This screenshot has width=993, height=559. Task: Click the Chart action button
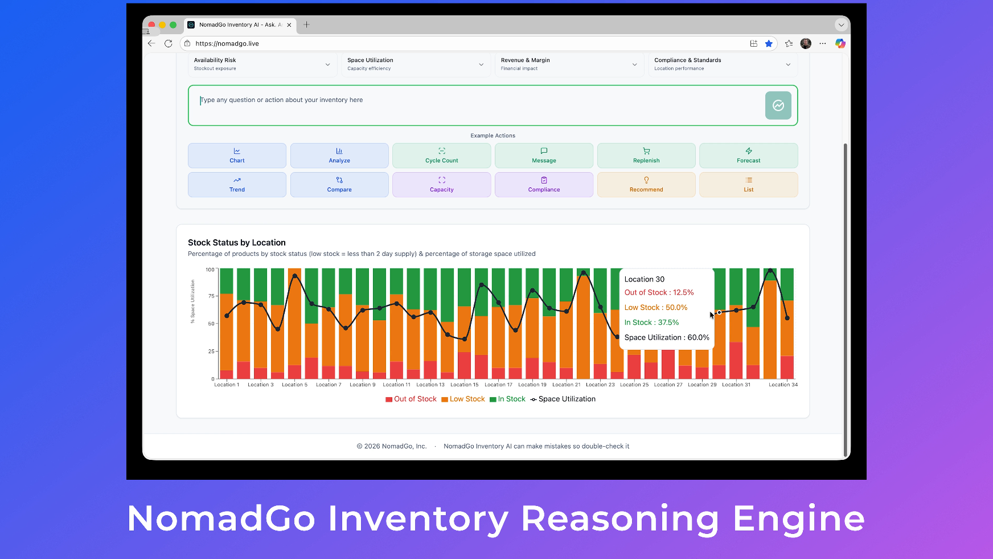(237, 156)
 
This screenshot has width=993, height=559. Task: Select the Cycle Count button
(441, 156)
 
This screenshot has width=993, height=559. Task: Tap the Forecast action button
(748, 156)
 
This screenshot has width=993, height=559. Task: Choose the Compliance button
(544, 185)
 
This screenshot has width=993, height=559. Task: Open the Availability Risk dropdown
(262, 64)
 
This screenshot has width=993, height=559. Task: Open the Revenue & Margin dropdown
(568, 64)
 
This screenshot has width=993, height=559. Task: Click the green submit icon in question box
(778, 105)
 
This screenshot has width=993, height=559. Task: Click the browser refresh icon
(168, 43)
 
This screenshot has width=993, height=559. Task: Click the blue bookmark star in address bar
(769, 43)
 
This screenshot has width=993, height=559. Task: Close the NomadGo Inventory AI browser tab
(289, 25)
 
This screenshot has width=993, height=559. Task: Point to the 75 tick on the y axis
(211, 296)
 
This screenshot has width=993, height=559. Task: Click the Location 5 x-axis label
(294, 385)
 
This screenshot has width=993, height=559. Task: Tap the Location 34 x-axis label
(783, 385)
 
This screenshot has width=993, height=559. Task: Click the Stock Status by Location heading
(237, 243)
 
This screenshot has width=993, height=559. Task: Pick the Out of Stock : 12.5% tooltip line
(659, 292)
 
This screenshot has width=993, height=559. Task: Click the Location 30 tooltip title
(644, 279)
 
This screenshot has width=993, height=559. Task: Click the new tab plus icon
(306, 25)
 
